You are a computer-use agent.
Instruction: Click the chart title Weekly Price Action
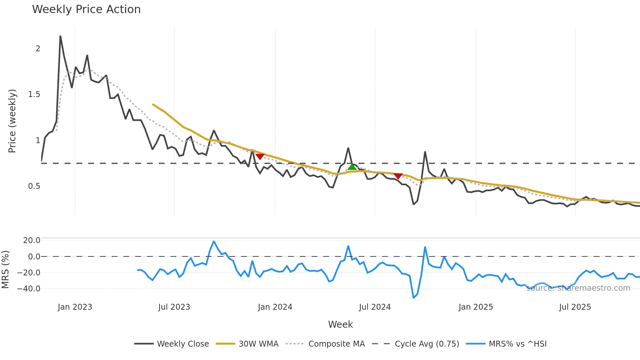[x=86, y=9]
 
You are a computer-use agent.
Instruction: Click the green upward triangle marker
[x=352, y=167]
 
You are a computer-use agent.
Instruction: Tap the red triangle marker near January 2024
[x=260, y=156]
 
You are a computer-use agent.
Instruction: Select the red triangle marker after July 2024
[x=398, y=176]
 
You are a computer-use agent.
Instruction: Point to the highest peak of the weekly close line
[x=60, y=36]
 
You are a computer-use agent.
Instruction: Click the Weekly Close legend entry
[x=172, y=344]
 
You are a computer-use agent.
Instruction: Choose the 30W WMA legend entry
[x=247, y=344]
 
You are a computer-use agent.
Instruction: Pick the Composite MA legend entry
[x=325, y=344]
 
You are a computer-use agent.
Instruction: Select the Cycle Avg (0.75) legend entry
[x=416, y=344]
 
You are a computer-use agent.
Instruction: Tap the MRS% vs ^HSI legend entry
[x=506, y=344]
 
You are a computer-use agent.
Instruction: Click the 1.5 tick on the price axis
[x=34, y=94]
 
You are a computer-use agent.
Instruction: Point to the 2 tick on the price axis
[x=38, y=49]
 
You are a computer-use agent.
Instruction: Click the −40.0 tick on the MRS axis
[x=29, y=289]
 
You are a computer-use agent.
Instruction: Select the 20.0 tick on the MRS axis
[x=32, y=240]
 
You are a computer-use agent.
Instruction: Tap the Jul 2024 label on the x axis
[x=375, y=307]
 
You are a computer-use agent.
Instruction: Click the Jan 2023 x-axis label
[x=75, y=307]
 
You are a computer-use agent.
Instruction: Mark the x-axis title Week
[x=340, y=324]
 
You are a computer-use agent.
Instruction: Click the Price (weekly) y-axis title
[x=12, y=121]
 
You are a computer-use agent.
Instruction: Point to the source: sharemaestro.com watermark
[x=578, y=288]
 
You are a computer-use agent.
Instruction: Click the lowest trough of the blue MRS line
[x=414, y=298]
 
